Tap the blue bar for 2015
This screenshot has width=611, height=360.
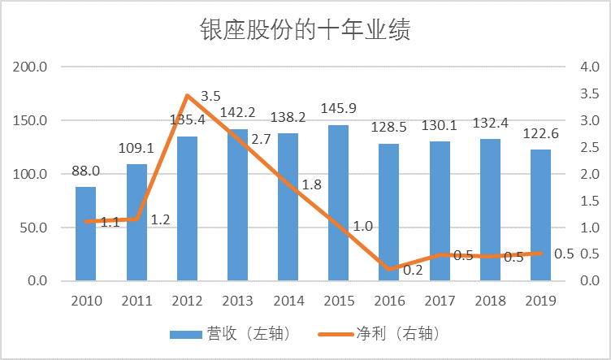pos(338,203)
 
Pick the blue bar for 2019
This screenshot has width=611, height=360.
pos(540,215)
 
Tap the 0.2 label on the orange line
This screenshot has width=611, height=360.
pos(413,271)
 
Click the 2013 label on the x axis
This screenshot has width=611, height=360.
pos(237,301)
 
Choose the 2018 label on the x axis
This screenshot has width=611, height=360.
pos(490,301)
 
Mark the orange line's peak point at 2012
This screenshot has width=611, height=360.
pos(188,95)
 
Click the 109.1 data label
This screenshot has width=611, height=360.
pos(136,149)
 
